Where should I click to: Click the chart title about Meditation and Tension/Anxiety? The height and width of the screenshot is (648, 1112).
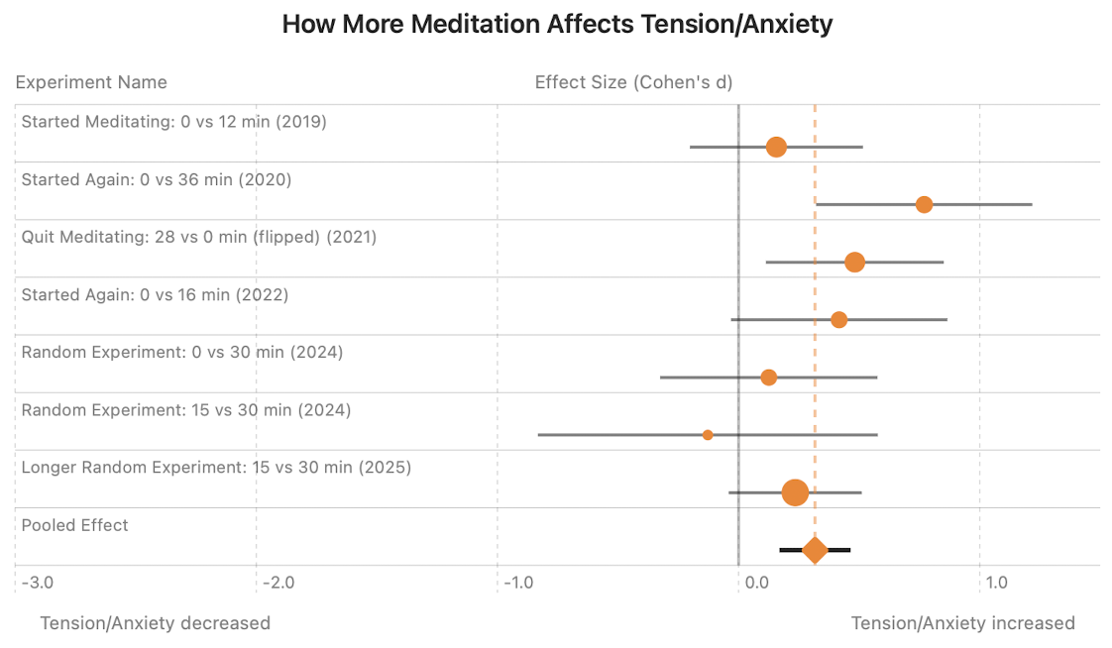(557, 25)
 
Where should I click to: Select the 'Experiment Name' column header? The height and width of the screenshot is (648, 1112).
(91, 81)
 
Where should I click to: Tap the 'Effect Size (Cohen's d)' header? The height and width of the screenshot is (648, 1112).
(633, 81)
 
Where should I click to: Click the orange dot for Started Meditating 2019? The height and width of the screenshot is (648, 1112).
(776, 147)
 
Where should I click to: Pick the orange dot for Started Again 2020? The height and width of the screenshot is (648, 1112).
(924, 204)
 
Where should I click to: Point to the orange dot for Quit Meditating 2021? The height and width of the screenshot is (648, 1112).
(854, 262)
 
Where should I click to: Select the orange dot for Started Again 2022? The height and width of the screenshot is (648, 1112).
(838, 319)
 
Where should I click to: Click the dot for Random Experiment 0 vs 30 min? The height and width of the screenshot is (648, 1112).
(768, 377)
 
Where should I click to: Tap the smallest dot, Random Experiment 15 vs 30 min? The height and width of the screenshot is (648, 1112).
(708, 434)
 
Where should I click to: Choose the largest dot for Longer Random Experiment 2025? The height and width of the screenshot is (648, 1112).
(795, 491)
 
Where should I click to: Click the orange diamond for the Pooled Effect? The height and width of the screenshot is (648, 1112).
(815, 549)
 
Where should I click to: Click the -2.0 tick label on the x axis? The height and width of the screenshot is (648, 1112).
(278, 582)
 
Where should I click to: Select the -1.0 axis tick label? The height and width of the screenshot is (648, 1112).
(518, 582)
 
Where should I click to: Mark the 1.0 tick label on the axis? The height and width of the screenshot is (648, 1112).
(996, 582)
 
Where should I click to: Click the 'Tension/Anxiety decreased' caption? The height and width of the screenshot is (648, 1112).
(155, 623)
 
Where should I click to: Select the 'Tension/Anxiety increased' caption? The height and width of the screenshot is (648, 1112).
(962, 623)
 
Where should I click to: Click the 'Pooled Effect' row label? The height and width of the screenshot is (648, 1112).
(75, 525)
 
